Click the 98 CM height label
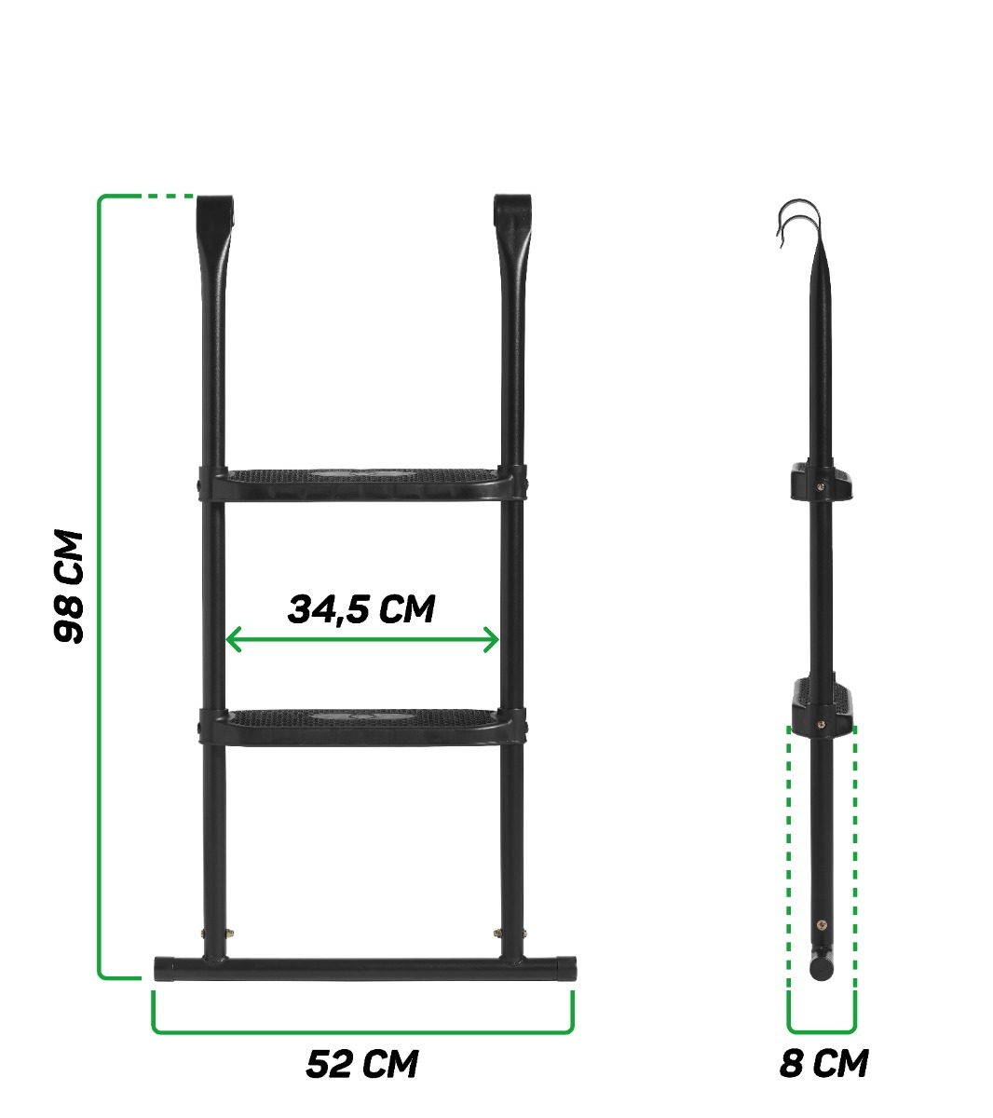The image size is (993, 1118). coord(69,587)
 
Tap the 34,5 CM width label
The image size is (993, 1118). coord(361,609)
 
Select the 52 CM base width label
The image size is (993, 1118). coord(361,1064)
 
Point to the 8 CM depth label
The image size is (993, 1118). coord(823,1063)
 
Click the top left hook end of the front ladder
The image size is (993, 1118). coord(213,209)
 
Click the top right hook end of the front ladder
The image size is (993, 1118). coord(512,209)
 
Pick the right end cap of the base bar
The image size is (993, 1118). coord(567,967)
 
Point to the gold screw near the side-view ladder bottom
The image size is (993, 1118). coord(821,924)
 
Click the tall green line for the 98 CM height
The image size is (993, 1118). coord(100,587)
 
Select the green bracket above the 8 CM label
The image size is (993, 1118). coord(822,1031)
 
